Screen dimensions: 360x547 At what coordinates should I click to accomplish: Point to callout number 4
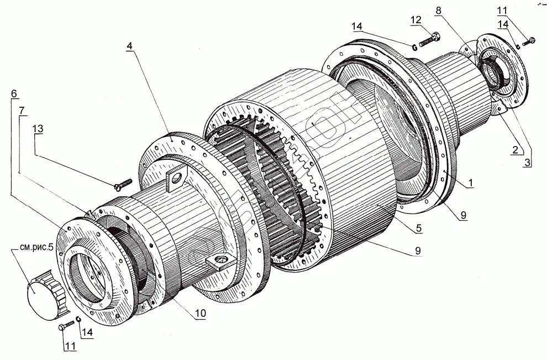pos(128,46)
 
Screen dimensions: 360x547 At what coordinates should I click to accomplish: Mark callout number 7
pos(22,110)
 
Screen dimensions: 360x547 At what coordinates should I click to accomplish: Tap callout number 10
pos(200,314)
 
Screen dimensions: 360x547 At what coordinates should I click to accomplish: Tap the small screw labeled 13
pos(123,182)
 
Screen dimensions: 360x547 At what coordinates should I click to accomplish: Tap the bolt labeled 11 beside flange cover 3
pos(530,40)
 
